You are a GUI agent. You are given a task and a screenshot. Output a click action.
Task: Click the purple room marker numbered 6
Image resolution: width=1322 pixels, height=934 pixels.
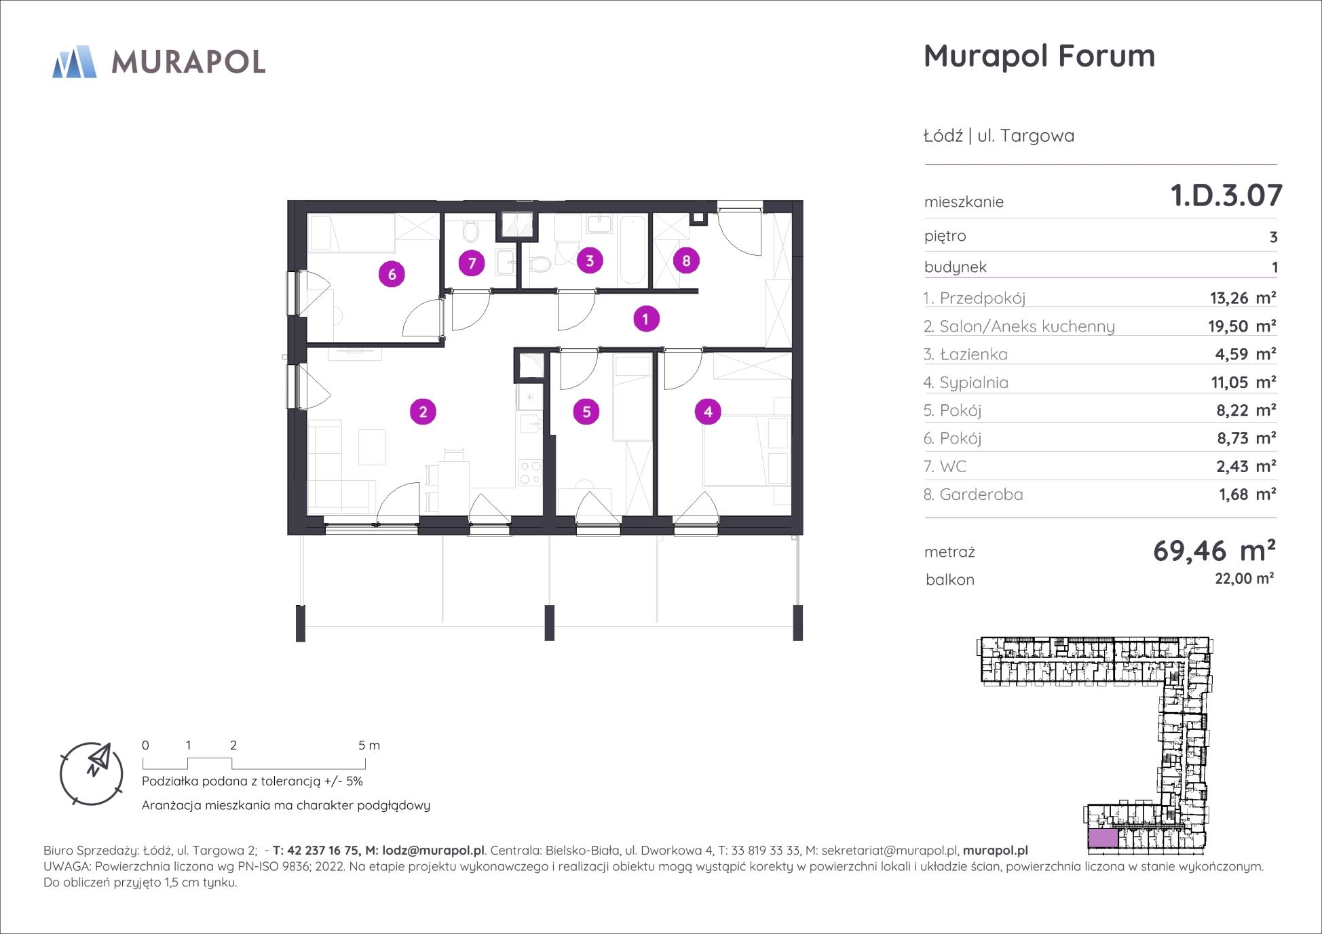pyautogui.click(x=392, y=275)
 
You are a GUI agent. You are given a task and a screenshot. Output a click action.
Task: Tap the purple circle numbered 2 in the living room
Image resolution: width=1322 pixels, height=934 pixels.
pyautogui.click(x=423, y=412)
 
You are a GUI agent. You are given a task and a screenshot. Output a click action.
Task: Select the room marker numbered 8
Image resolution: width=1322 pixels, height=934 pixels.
pyautogui.click(x=686, y=260)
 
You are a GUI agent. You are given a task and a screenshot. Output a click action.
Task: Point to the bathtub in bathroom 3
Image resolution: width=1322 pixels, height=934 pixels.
pyautogui.click(x=632, y=250)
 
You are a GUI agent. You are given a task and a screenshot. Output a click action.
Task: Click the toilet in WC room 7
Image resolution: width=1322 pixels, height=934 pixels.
pyautogui.click(x=470, y=233)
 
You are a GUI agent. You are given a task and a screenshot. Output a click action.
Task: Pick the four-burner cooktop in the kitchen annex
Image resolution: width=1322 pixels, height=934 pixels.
pyautogui.click(x=530, y=473)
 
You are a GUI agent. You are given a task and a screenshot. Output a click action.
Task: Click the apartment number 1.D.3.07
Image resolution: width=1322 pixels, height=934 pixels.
pyautogui.click(x=1226, y=195)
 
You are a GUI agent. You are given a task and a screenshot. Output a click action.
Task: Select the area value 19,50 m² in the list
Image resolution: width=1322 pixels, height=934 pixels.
pyautogui.click(x=1241, y=326)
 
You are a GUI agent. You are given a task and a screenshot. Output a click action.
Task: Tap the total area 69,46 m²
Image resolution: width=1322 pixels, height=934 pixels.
pyautogui.click(x=1214, y=550)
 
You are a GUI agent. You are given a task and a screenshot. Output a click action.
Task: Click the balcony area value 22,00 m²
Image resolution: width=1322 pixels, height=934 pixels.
pyautogui.click(x=1244, y=578)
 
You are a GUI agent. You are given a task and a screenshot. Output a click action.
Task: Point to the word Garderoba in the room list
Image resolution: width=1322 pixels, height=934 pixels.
pyautogui.click(x=981, y=494)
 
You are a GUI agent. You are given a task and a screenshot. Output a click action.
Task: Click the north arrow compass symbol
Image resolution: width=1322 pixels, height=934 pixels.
pyautogui.click(x=92, y=773)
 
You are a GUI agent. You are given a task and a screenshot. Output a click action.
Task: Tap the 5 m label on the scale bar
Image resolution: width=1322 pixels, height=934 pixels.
pyautogui.click(x=369, y=745)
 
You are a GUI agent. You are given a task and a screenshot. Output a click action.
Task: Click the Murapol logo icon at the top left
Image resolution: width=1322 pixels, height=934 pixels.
pyautogui.click(x=75, y=62)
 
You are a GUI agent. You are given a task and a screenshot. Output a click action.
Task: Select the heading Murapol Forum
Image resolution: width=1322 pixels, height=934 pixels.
pyautogui.click(x=1039, y=56)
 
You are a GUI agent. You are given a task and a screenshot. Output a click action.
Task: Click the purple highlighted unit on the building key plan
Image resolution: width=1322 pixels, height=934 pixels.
pyautogui.click(x=1103, y=838)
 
